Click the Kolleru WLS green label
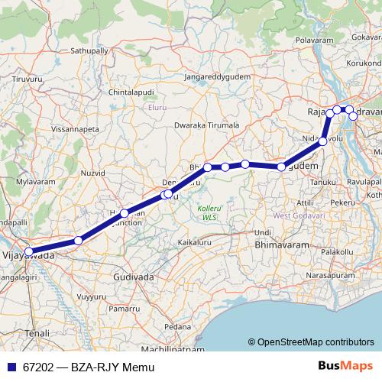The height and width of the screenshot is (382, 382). point(208,212)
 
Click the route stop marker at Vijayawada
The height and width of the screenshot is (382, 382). point(28,251)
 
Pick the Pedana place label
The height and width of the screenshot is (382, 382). point(178,326)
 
